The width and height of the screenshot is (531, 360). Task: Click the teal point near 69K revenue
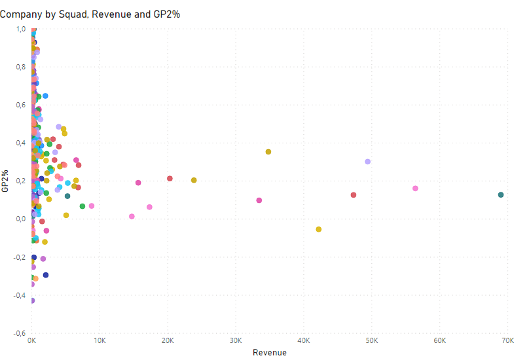501,195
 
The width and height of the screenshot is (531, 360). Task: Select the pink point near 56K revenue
415,189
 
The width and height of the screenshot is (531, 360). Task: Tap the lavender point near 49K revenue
368,162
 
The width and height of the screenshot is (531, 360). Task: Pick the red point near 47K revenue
354,195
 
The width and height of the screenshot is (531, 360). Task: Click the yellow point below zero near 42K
319,229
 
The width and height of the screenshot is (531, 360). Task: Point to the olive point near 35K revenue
268,152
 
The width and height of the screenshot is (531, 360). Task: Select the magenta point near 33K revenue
259,200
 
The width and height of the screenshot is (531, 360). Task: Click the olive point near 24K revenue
194,180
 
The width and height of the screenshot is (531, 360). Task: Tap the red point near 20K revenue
170,179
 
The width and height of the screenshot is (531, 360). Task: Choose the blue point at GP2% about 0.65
45,96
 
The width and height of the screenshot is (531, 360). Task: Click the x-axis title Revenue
270,353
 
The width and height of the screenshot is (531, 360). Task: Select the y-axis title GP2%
5,181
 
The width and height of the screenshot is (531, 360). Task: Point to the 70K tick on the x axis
507,340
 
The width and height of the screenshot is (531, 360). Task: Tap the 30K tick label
236,340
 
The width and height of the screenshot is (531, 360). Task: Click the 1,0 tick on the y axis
21,29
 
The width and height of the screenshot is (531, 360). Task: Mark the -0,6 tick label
19,333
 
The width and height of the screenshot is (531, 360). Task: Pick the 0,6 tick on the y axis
21,105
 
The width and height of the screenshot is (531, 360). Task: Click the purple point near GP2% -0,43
33,300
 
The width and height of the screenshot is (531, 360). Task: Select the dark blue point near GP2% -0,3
46,275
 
